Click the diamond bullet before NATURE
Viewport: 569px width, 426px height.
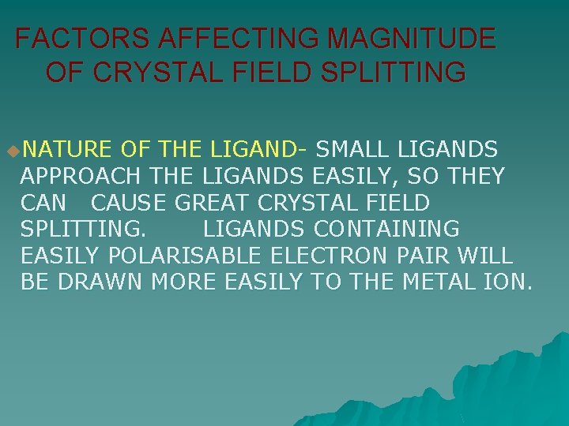9,149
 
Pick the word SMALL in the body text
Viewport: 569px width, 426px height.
359,148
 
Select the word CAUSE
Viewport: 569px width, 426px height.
128,202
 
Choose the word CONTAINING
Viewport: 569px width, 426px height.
386,229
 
